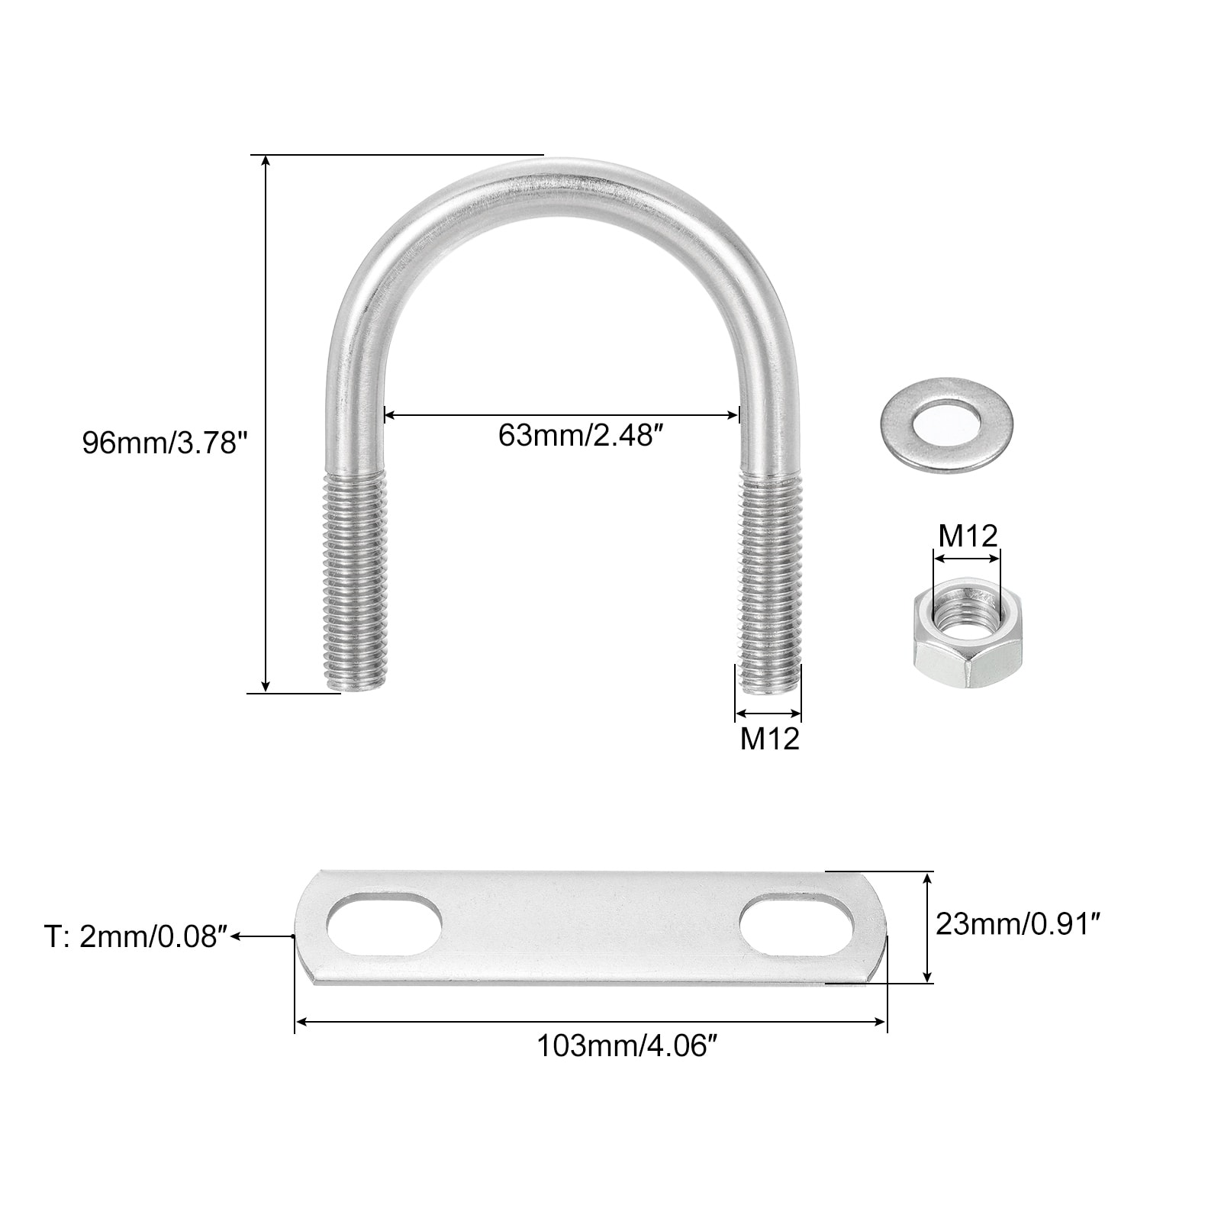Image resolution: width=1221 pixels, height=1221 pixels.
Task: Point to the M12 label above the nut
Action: [968, 536]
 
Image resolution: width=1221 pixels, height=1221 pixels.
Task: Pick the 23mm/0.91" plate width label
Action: [1018, 924]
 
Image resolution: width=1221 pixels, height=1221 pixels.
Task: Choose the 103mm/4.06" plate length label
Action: [628, 1045]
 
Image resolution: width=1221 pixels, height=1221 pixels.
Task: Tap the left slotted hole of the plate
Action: [385, 924]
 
